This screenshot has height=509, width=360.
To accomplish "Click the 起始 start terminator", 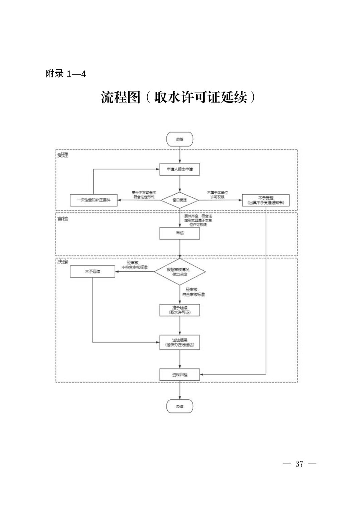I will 180,139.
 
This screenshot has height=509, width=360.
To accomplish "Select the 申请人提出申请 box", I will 180,170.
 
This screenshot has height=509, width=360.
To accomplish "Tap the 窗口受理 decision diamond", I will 179,200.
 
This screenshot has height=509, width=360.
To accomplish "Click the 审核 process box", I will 180,233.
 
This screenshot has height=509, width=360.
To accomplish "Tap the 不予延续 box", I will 92,271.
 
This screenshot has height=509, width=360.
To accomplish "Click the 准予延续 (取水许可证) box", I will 180,310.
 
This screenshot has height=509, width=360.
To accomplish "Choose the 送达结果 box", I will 180,342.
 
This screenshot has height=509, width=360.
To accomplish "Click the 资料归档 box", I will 180,375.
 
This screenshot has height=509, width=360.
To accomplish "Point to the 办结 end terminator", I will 180,406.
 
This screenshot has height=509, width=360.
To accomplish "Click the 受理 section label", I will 63,155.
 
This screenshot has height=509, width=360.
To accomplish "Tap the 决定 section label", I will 63,262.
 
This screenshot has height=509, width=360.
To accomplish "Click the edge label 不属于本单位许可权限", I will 217,195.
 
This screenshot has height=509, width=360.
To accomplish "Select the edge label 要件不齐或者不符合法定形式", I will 144,195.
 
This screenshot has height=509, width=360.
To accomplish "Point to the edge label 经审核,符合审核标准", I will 194,292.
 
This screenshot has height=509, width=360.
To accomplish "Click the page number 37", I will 299,464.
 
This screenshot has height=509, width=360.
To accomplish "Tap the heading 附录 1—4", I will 66,74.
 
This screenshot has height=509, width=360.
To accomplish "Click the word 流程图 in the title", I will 120,98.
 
